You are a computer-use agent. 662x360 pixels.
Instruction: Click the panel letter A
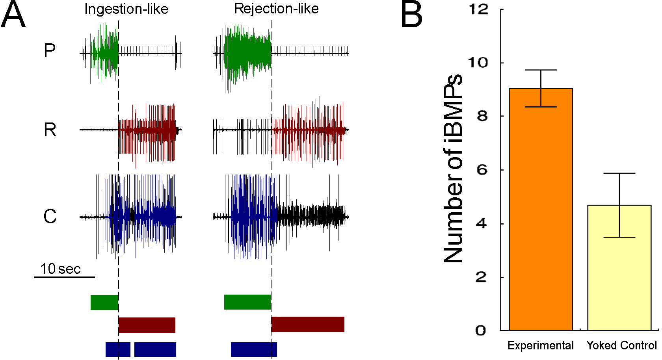[13, 15]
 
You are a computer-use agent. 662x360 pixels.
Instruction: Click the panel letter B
[411, 15]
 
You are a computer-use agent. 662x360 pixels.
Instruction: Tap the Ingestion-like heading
[126, 9]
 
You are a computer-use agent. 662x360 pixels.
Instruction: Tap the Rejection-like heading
[276, 9]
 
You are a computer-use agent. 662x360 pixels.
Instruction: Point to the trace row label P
[50, 51]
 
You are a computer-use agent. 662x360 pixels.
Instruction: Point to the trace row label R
[50, 130]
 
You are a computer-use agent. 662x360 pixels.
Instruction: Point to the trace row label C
[50, 217]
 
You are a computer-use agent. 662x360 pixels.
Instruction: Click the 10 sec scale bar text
[60, 269]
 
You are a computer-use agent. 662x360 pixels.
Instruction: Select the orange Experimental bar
[541, 209]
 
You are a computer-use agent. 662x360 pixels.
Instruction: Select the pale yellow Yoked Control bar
[619, 268]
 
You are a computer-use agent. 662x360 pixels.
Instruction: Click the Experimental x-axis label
[540, 345]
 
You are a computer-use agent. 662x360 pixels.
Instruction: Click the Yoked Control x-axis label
[621, 345]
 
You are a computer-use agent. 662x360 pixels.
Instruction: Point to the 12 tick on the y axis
[479, 9]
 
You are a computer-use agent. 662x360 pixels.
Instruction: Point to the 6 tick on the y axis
[482, 170]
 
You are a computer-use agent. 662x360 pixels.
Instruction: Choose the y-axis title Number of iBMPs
[453, 169]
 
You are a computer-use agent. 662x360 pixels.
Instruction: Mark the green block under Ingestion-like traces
[104, 302]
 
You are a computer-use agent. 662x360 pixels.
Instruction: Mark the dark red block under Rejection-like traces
[308, 325]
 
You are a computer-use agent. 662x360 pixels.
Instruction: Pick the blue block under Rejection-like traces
[254, 349]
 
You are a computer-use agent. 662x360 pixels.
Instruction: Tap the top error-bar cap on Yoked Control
[619, 173]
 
